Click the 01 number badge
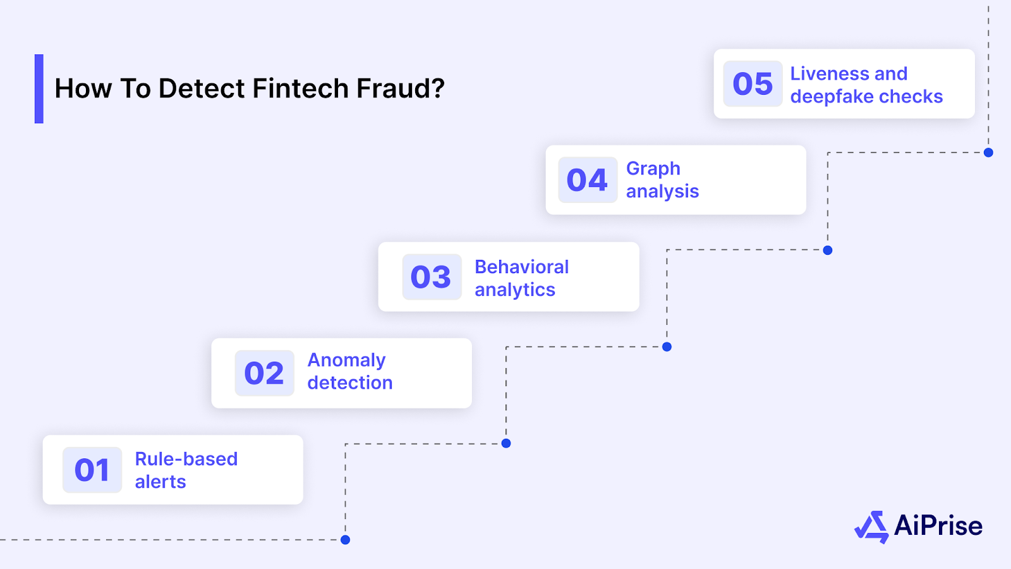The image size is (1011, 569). (92, 470)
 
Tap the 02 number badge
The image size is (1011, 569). (264, 373)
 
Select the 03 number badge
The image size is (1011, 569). (432, 277)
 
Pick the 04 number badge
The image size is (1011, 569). (588, 180)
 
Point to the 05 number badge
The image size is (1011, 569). (753, 83)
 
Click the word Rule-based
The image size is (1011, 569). (186, 459)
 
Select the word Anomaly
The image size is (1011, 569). (346, 360)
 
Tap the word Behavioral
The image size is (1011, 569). (521, 267)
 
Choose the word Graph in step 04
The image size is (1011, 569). (653, 169)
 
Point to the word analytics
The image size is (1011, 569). (514, 290)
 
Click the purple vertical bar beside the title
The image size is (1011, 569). (39, 89)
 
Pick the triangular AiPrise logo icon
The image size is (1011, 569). (872, 527)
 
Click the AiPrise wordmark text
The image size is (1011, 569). (938, 526)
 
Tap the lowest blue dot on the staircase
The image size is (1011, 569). (345, 540)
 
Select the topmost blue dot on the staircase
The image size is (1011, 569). (988, 152)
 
